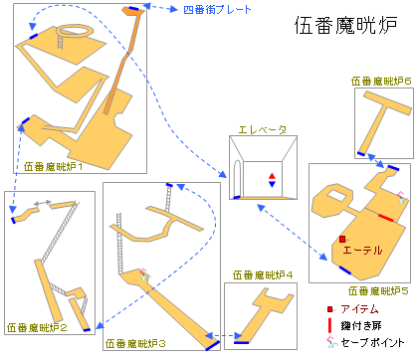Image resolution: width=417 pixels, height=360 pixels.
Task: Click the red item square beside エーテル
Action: (x=341, y=239)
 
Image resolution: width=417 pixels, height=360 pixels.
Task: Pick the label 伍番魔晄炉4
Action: (x=262, y=275)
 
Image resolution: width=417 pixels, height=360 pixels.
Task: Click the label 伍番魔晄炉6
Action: (x=381, y=83)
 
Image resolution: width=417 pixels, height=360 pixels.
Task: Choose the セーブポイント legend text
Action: (x=377, y=341)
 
